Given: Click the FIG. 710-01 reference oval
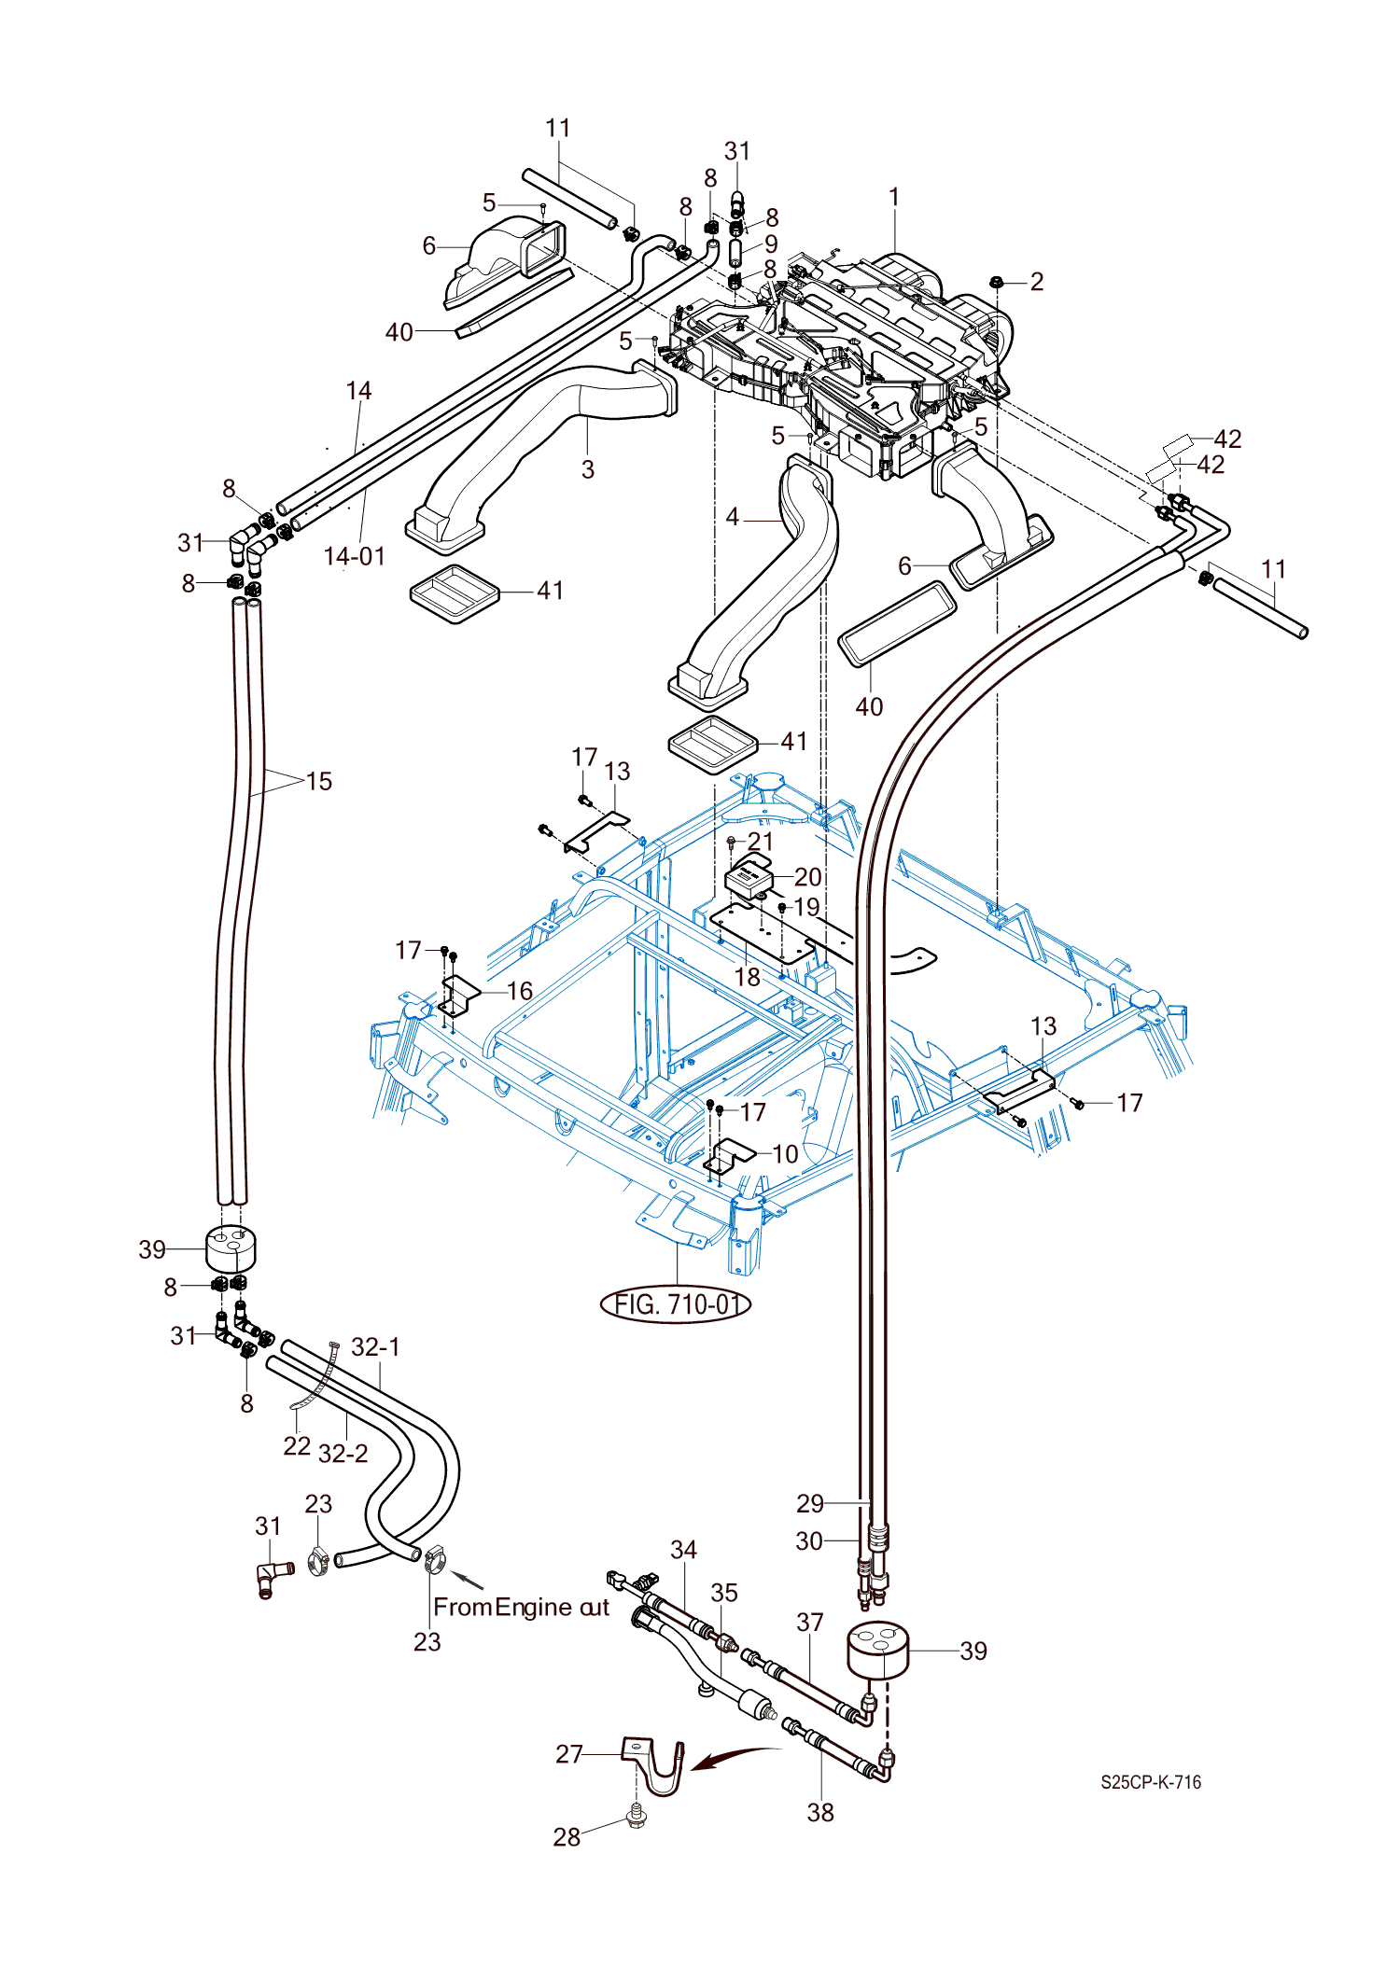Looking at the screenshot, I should click(676, 1303).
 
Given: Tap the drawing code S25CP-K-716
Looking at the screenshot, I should click(1150, 1782).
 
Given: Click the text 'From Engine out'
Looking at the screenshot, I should click(521, 1607).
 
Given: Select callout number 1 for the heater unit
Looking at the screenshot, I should click(894, 197).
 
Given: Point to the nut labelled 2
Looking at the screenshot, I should click(996, 282).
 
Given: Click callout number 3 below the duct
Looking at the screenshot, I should click(588, 469).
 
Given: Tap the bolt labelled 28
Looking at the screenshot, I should click(637, 1818).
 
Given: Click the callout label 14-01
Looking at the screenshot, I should click(355, 556).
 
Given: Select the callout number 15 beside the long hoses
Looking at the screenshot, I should click(319, 781).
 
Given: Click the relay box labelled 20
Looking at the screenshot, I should click(749, 876).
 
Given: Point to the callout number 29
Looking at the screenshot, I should click(810, 1503).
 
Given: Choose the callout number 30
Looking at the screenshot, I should click(809, 1540).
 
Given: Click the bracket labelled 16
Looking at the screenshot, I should click(459, 995).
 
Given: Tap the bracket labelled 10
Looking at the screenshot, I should click(728, 1156).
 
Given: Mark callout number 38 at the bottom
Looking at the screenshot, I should click(820, 1812).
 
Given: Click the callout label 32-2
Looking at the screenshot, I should click(343, 1453).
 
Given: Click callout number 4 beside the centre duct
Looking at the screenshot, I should click(733, 517).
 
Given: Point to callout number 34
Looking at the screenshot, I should click(684, 1550).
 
